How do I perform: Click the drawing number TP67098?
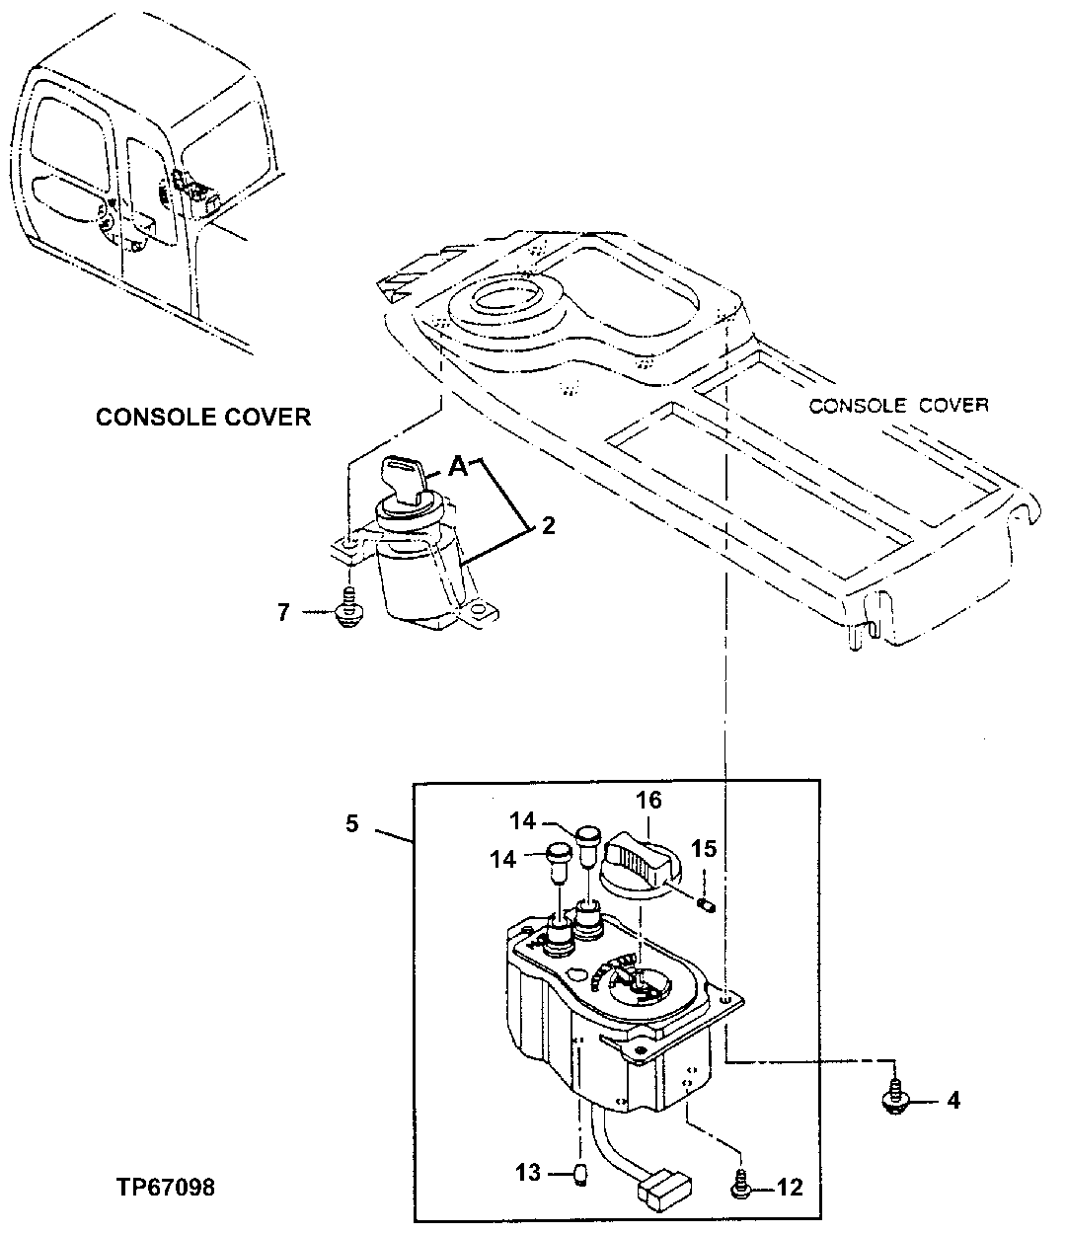coord(163,1187)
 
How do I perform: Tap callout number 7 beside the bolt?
coord(284,613)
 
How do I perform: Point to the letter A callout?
coord(457,468)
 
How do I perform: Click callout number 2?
coord(548,526)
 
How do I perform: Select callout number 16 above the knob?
coord(648,800)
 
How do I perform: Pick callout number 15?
coord(704,848)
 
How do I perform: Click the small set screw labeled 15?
coord(704,903)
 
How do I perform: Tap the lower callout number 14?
coord(503,860)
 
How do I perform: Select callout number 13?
coord(528,1173)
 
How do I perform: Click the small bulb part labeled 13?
coord(581,1173)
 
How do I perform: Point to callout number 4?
coord(952,1099)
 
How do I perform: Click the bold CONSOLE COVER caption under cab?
coord(203,417)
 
